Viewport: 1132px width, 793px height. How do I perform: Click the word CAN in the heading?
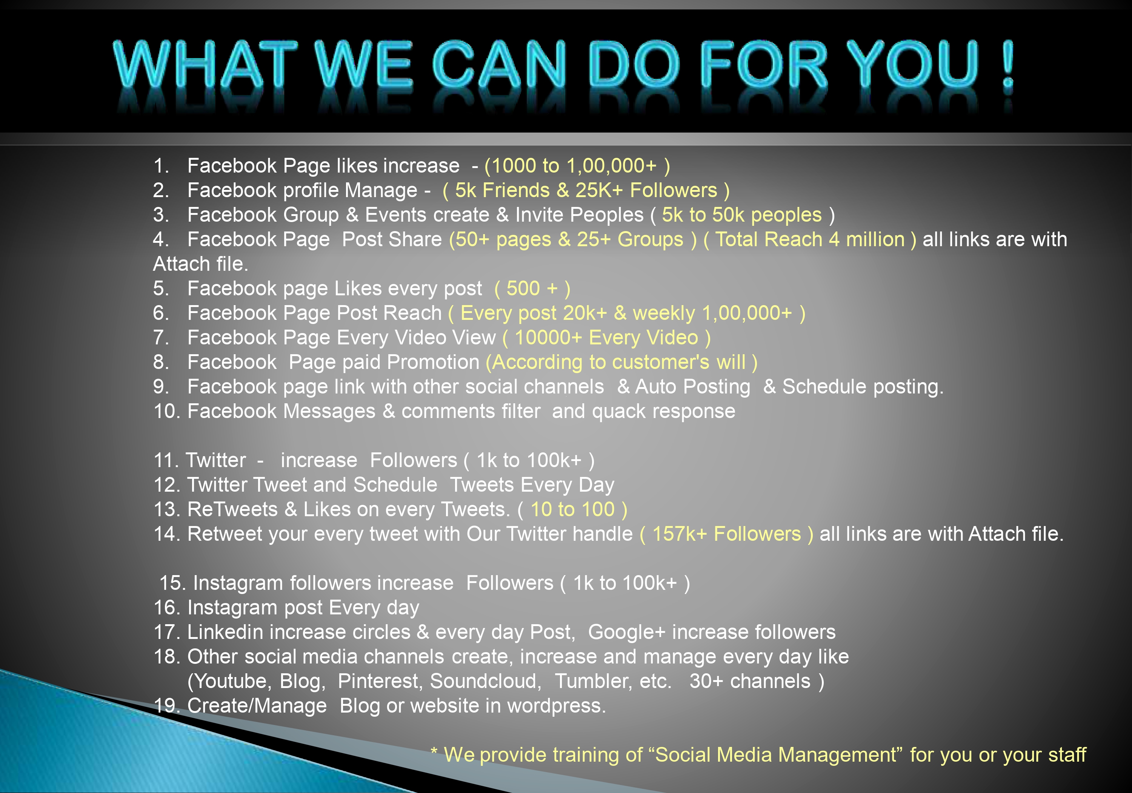coord(499,64)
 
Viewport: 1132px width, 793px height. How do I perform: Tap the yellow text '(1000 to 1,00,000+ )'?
coord(577,166)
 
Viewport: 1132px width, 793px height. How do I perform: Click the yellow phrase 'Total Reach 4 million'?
coord(810,239)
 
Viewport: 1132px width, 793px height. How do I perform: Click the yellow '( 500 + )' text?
coord(532,289)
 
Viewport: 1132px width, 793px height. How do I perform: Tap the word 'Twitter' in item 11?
coord(215,460)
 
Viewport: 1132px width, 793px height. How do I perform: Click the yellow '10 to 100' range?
coord(572,509)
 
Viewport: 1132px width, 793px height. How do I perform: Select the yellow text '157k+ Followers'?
coord(727,534)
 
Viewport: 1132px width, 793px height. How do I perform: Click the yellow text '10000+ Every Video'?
coord(606,338)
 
